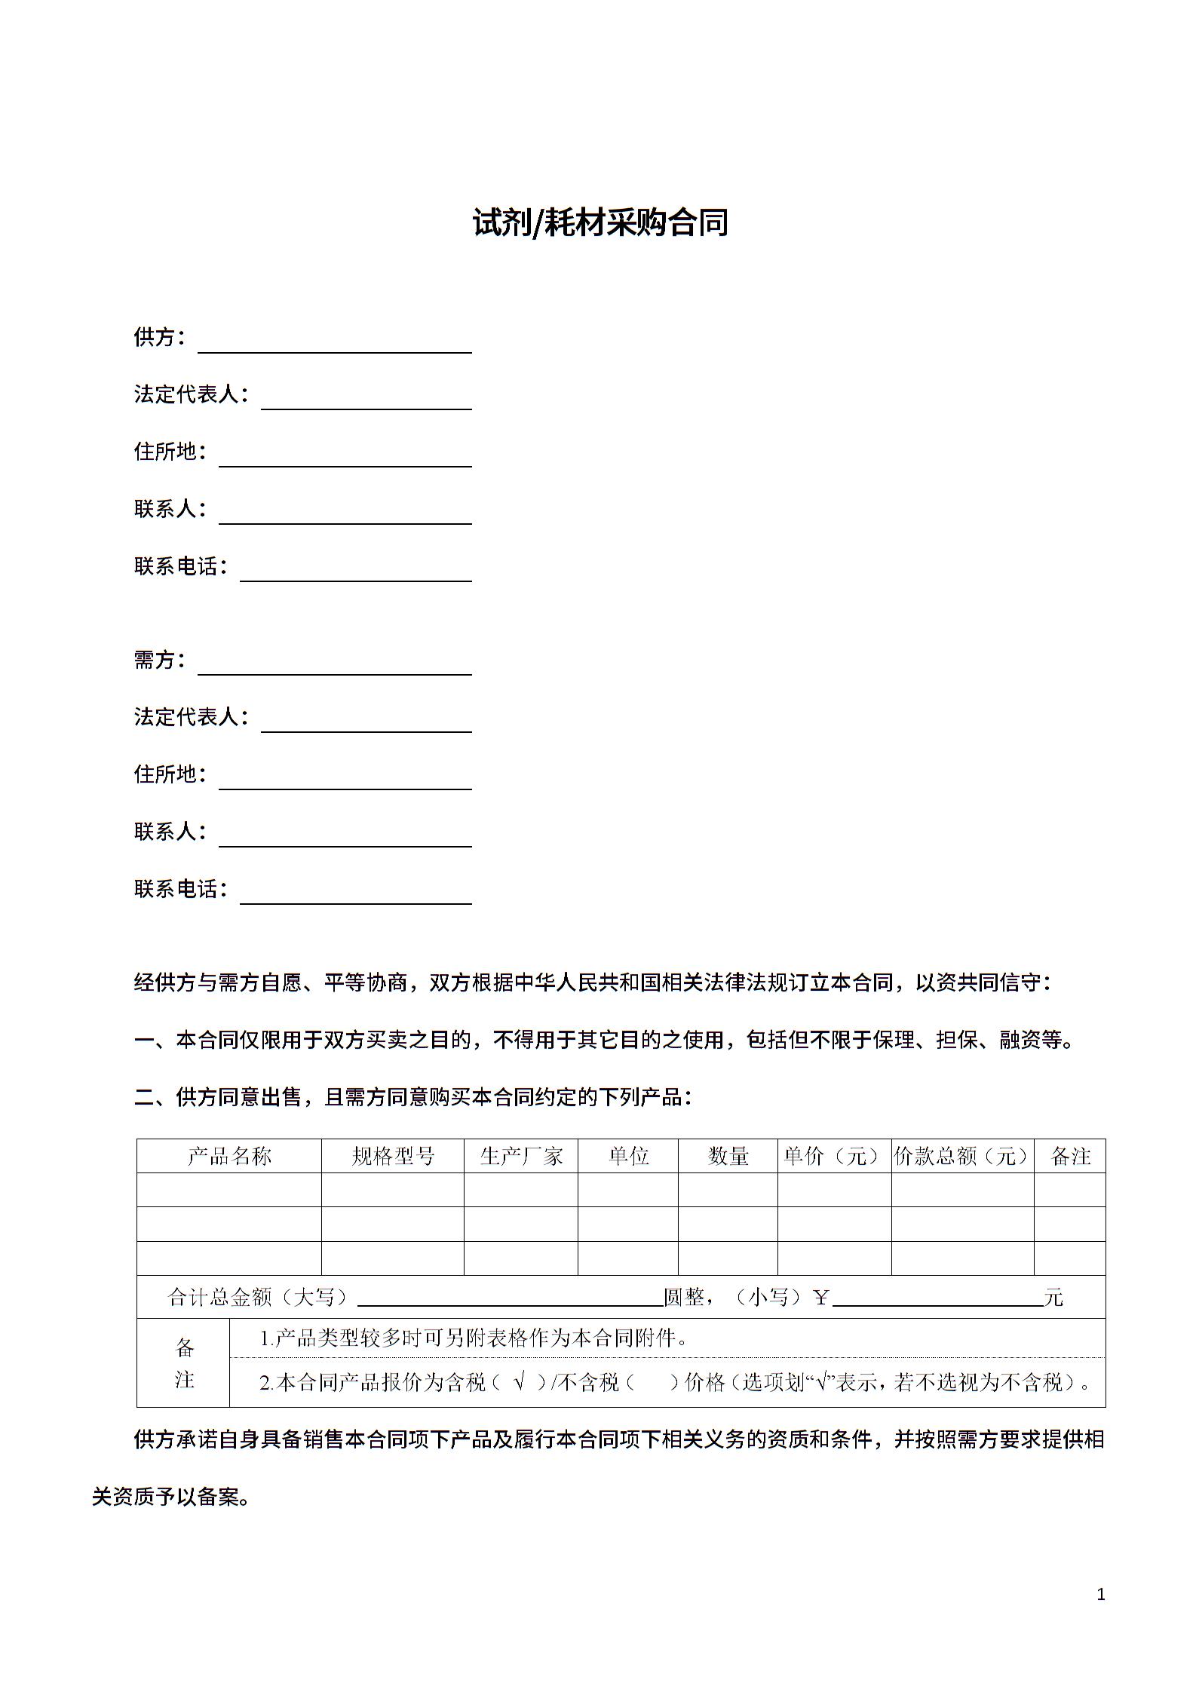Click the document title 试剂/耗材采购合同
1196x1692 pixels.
(600, 223)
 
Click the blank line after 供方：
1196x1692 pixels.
(334, 344)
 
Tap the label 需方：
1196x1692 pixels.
(159, 660)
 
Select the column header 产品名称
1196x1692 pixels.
(229, 1156)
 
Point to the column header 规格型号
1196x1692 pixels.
(393, 1156)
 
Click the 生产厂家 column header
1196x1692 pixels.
(521, 1156)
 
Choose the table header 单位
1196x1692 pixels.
(628, 1156)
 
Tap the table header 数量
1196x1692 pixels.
(728, 1156)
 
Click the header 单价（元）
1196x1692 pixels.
(834, 1156)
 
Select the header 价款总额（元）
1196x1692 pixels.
(962, 1156)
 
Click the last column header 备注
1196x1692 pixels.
(1070, 1156)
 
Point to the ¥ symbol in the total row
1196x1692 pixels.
(821, 1297)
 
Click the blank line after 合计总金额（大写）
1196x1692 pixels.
(510, 1297)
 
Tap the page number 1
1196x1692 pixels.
(1101, 1594)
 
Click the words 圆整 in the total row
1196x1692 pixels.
(684, 1297)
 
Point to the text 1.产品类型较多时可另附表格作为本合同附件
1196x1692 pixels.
(474, 1338)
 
